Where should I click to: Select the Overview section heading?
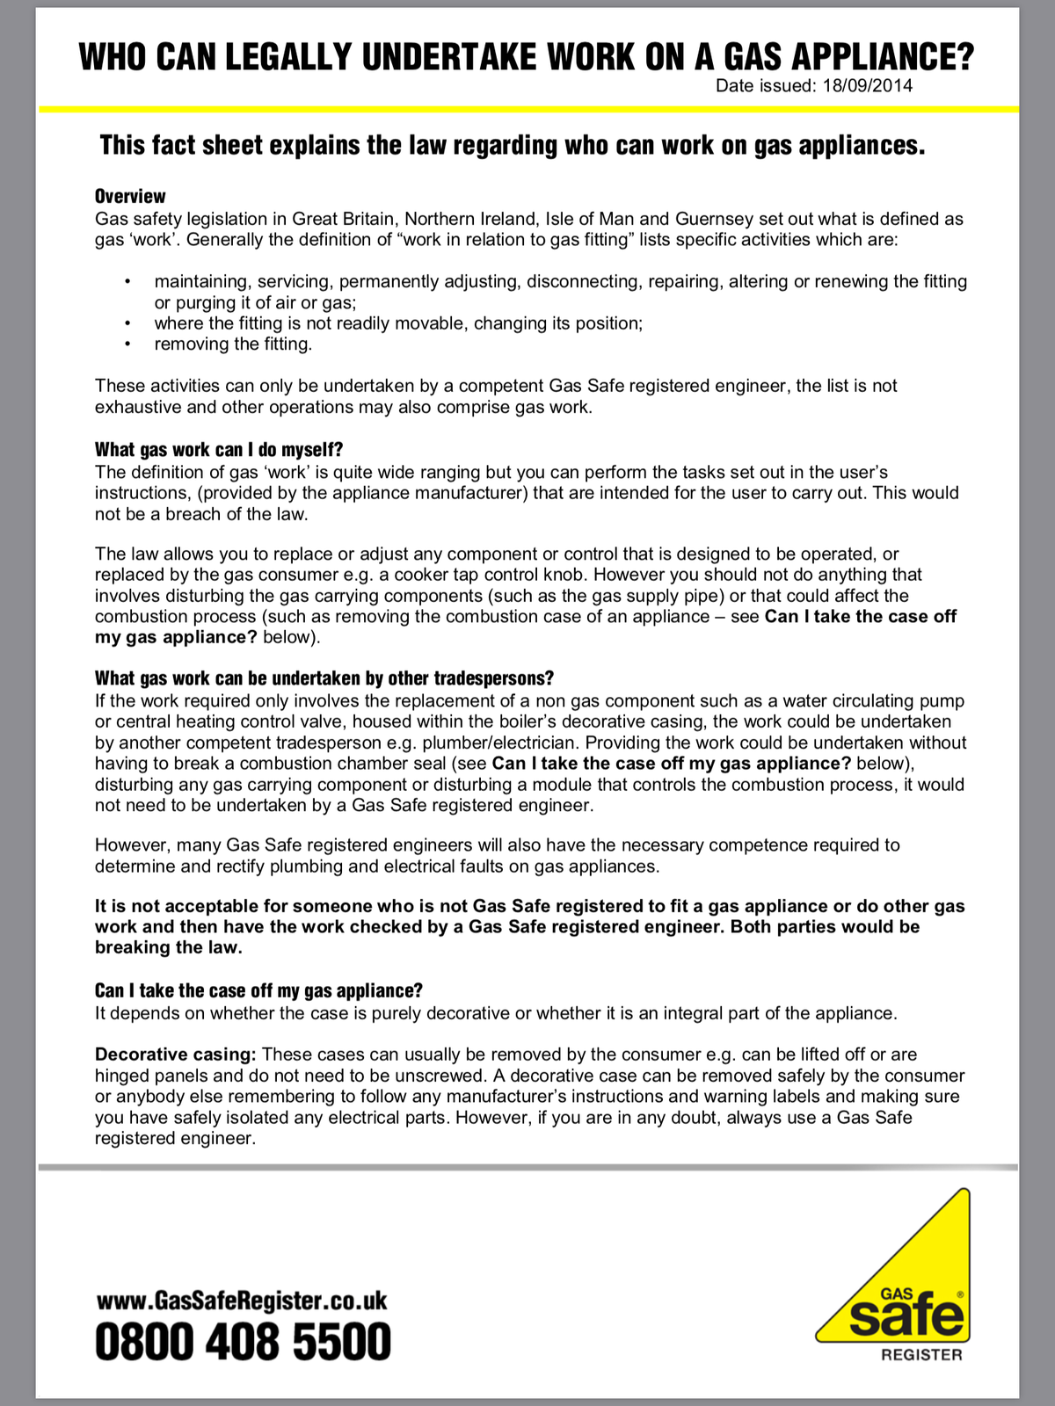tap(130, 196)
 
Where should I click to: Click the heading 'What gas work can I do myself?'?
tap(218, 450)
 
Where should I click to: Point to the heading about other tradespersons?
tap(324, 678)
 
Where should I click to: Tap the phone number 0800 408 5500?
tap(243, 1343)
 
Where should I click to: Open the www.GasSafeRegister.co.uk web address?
tap(241, 1301)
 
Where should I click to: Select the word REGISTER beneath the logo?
tap(921, 1355)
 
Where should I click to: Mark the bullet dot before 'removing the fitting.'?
tap(128, 344)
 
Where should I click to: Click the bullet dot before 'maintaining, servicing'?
tap(128, 281)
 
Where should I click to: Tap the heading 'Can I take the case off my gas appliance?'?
tap(258, 990)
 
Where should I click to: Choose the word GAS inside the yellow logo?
tap(897, 1294)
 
